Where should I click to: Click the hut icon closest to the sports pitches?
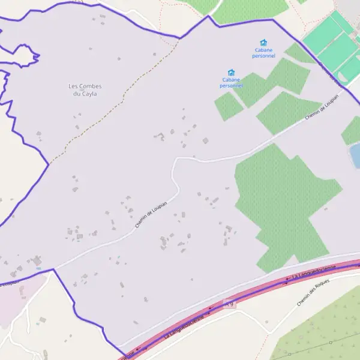pos(263,43)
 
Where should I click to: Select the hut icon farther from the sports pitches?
pos(231,73)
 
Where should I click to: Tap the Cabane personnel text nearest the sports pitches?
pos(263,53)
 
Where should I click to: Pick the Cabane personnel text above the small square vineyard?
pos(231,82)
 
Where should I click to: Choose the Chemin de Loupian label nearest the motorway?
pos(151,214)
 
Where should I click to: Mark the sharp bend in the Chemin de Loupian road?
pos(175,162)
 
